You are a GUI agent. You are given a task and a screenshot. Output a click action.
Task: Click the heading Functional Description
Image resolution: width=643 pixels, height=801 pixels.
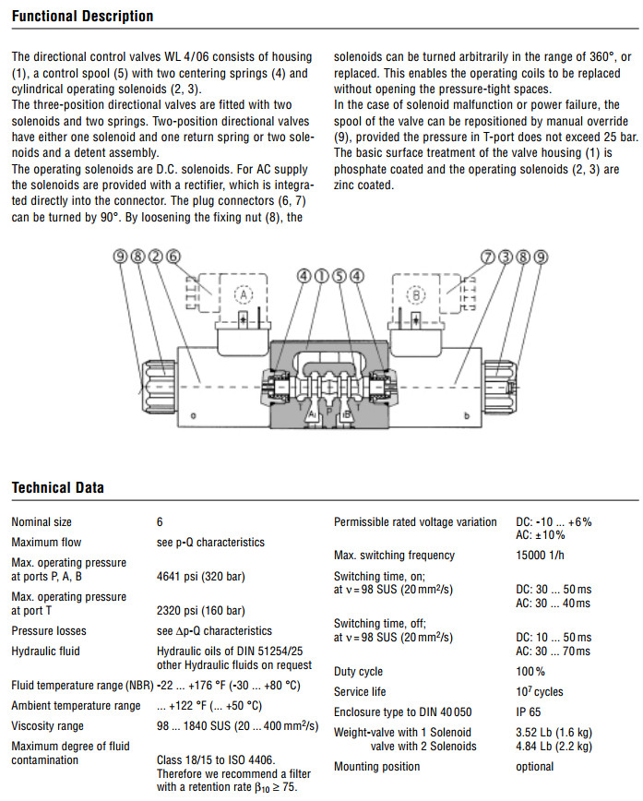pos(82,17)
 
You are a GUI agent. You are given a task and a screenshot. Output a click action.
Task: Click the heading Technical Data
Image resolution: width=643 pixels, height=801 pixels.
pos(57,487)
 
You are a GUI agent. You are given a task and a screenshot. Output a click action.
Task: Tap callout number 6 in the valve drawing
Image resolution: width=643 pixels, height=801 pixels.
pos(173,257)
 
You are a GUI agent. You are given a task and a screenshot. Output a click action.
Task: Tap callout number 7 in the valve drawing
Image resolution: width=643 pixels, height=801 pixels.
pos(488,257)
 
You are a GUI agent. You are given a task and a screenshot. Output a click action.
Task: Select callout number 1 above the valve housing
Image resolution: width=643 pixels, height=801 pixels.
pos(321,275)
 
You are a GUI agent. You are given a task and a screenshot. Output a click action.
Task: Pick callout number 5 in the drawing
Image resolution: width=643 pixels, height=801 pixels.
pos(339,275)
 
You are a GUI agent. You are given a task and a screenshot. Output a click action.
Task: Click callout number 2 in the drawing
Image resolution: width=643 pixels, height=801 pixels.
pos(156,257)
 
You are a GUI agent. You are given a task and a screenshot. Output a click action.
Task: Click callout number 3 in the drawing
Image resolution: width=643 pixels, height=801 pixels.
pos(506,257)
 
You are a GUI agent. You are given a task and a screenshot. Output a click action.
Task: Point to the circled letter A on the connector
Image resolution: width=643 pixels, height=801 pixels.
pos(243,296)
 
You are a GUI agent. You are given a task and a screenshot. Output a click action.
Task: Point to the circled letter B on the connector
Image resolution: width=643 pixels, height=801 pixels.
pos(416,296)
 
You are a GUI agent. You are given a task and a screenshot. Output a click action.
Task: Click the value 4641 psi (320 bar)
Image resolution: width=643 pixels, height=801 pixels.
pos(200,577)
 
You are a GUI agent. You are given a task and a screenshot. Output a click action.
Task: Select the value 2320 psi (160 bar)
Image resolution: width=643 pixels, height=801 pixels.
pos(200,611)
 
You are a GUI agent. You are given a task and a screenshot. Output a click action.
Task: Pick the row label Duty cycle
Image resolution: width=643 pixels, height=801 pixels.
pos(358,672)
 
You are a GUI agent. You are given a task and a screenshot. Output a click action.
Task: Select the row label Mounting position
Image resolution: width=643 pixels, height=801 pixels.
pos(376,766)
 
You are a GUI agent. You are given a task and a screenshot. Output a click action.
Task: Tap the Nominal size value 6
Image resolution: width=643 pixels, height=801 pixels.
pos(160,522)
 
